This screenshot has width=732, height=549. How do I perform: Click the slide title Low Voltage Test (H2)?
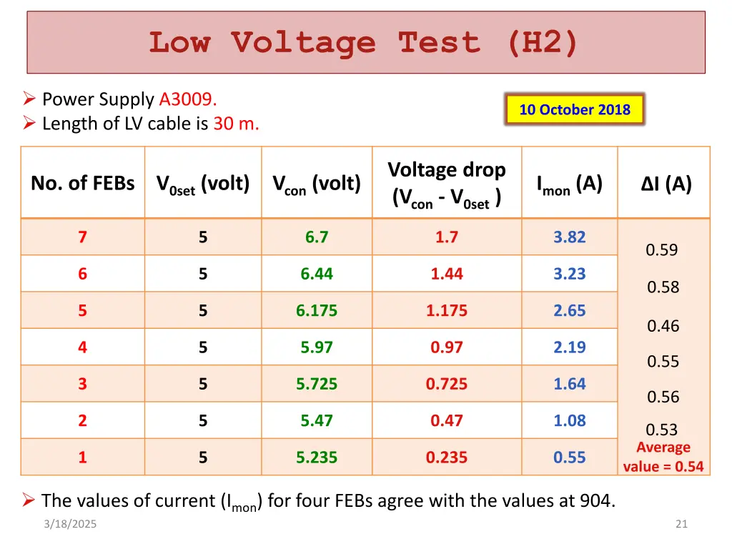point(363,42)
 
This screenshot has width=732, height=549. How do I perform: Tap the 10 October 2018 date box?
point(575,110)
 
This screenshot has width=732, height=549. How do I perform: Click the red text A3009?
point(188,99)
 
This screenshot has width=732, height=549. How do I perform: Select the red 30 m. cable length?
point(236,124)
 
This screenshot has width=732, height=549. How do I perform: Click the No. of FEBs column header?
point(82,184)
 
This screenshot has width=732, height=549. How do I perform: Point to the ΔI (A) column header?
point(666,184)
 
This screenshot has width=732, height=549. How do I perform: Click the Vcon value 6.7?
point(317,237)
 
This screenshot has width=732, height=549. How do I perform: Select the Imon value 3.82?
point(569,237)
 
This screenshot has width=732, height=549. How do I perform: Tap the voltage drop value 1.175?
point(447,311)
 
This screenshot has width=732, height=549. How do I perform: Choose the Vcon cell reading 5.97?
point(317,347)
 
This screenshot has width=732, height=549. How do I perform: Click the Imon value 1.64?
point(569,384)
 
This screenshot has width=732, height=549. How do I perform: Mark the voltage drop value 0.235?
point(447,457)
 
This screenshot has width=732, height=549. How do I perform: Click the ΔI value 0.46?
point(663,326)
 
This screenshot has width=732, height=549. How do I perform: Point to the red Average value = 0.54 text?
point(663,457)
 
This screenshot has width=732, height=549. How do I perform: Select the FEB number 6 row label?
point(83,274)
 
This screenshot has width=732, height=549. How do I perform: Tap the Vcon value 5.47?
point(317,421)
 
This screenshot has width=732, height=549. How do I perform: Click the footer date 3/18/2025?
point(69,524)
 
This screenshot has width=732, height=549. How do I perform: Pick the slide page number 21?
point(681,524)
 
